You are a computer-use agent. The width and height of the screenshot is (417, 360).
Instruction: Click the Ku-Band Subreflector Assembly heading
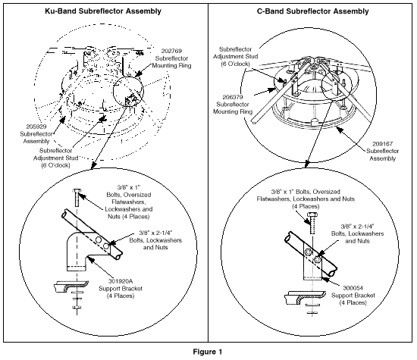pyautogui.click(x=103, y=11)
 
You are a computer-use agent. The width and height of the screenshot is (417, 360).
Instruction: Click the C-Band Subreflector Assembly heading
pyautogui.click(x=312, y=11)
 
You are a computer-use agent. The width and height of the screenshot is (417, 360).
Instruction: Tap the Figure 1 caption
pyautogui.click(x=208, y=352)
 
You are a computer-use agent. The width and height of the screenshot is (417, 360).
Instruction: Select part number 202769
pyautogui.click(x=171, y=51)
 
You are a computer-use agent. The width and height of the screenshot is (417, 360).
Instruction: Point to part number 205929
pyautogui.click(x=36, y=127)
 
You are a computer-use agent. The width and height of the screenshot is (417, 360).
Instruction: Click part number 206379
pyautogui.click(x=233, y=97)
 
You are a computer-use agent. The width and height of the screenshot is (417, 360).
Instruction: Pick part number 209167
pyautogui.click(x=382, y=144)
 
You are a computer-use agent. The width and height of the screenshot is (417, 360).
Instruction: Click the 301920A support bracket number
pyautogui.click(x=121, y=281)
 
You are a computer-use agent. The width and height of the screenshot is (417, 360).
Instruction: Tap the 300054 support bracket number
pyautogui.click(x=353, y=288)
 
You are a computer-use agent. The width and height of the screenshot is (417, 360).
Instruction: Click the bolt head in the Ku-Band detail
pyautogui.click(x=77, y=190)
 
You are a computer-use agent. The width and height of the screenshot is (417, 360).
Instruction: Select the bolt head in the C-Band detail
pyautogui.click(x=312, y=214)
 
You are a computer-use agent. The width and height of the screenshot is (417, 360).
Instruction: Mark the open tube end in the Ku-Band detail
pyautogui.click(x=118, y=257)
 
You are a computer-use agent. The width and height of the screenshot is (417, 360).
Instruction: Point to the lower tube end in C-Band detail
pyautogui.click(x=333, y=273)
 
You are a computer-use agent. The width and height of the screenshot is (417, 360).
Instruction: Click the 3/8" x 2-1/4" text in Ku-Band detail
pyautogui.click(x=155, y=233)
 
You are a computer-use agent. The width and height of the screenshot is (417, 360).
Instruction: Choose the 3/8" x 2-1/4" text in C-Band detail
pyautogui.click(x=357, y=227)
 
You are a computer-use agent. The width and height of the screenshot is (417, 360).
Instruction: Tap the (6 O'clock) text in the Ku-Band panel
pyautogui.click(x=55, y=165)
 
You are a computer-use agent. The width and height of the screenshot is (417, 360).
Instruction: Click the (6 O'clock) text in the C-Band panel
pyautogui.click(x=235, y=64)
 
